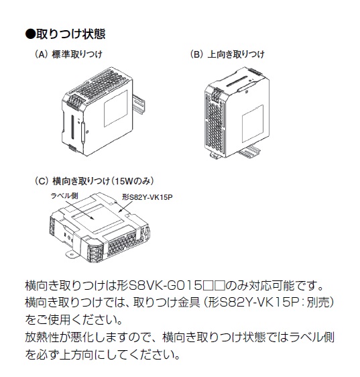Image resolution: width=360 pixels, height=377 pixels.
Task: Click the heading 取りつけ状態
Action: [71, 34]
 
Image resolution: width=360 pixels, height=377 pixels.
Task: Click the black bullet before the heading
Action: [30, 34]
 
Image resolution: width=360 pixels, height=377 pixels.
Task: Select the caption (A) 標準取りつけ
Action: [68, 54]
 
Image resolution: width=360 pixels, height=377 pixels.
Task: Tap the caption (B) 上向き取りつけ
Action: [227, 54]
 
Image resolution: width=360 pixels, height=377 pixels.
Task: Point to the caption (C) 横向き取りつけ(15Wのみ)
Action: [94, 181]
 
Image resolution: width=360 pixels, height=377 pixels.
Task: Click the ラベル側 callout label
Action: [64, 196]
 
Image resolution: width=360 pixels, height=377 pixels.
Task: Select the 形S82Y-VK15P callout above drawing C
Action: [147, 197]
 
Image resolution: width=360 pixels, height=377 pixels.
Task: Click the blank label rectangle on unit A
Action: [115, 109]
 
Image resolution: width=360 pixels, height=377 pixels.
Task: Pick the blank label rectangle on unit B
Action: [253, 124]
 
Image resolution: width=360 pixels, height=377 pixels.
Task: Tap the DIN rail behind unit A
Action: [139, 102]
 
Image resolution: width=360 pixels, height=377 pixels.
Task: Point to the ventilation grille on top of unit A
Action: [101, 83]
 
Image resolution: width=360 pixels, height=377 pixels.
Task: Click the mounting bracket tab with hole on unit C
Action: [71, 254]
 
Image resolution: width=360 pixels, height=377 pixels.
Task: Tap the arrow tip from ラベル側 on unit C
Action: [94, 219]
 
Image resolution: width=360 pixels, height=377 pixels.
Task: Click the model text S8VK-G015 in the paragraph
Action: [165, 286]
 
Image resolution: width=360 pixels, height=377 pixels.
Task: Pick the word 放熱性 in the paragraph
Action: [42, 337]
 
